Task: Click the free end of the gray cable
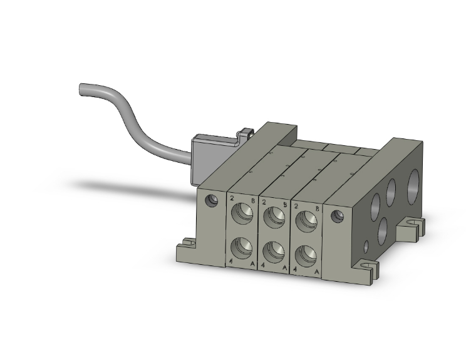(x=81, y=89)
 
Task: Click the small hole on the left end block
(x=212, y=201)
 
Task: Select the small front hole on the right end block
(x=338, y=217)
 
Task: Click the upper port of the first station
(x=242, y=214)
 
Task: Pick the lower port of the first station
(x=242, y=248)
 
